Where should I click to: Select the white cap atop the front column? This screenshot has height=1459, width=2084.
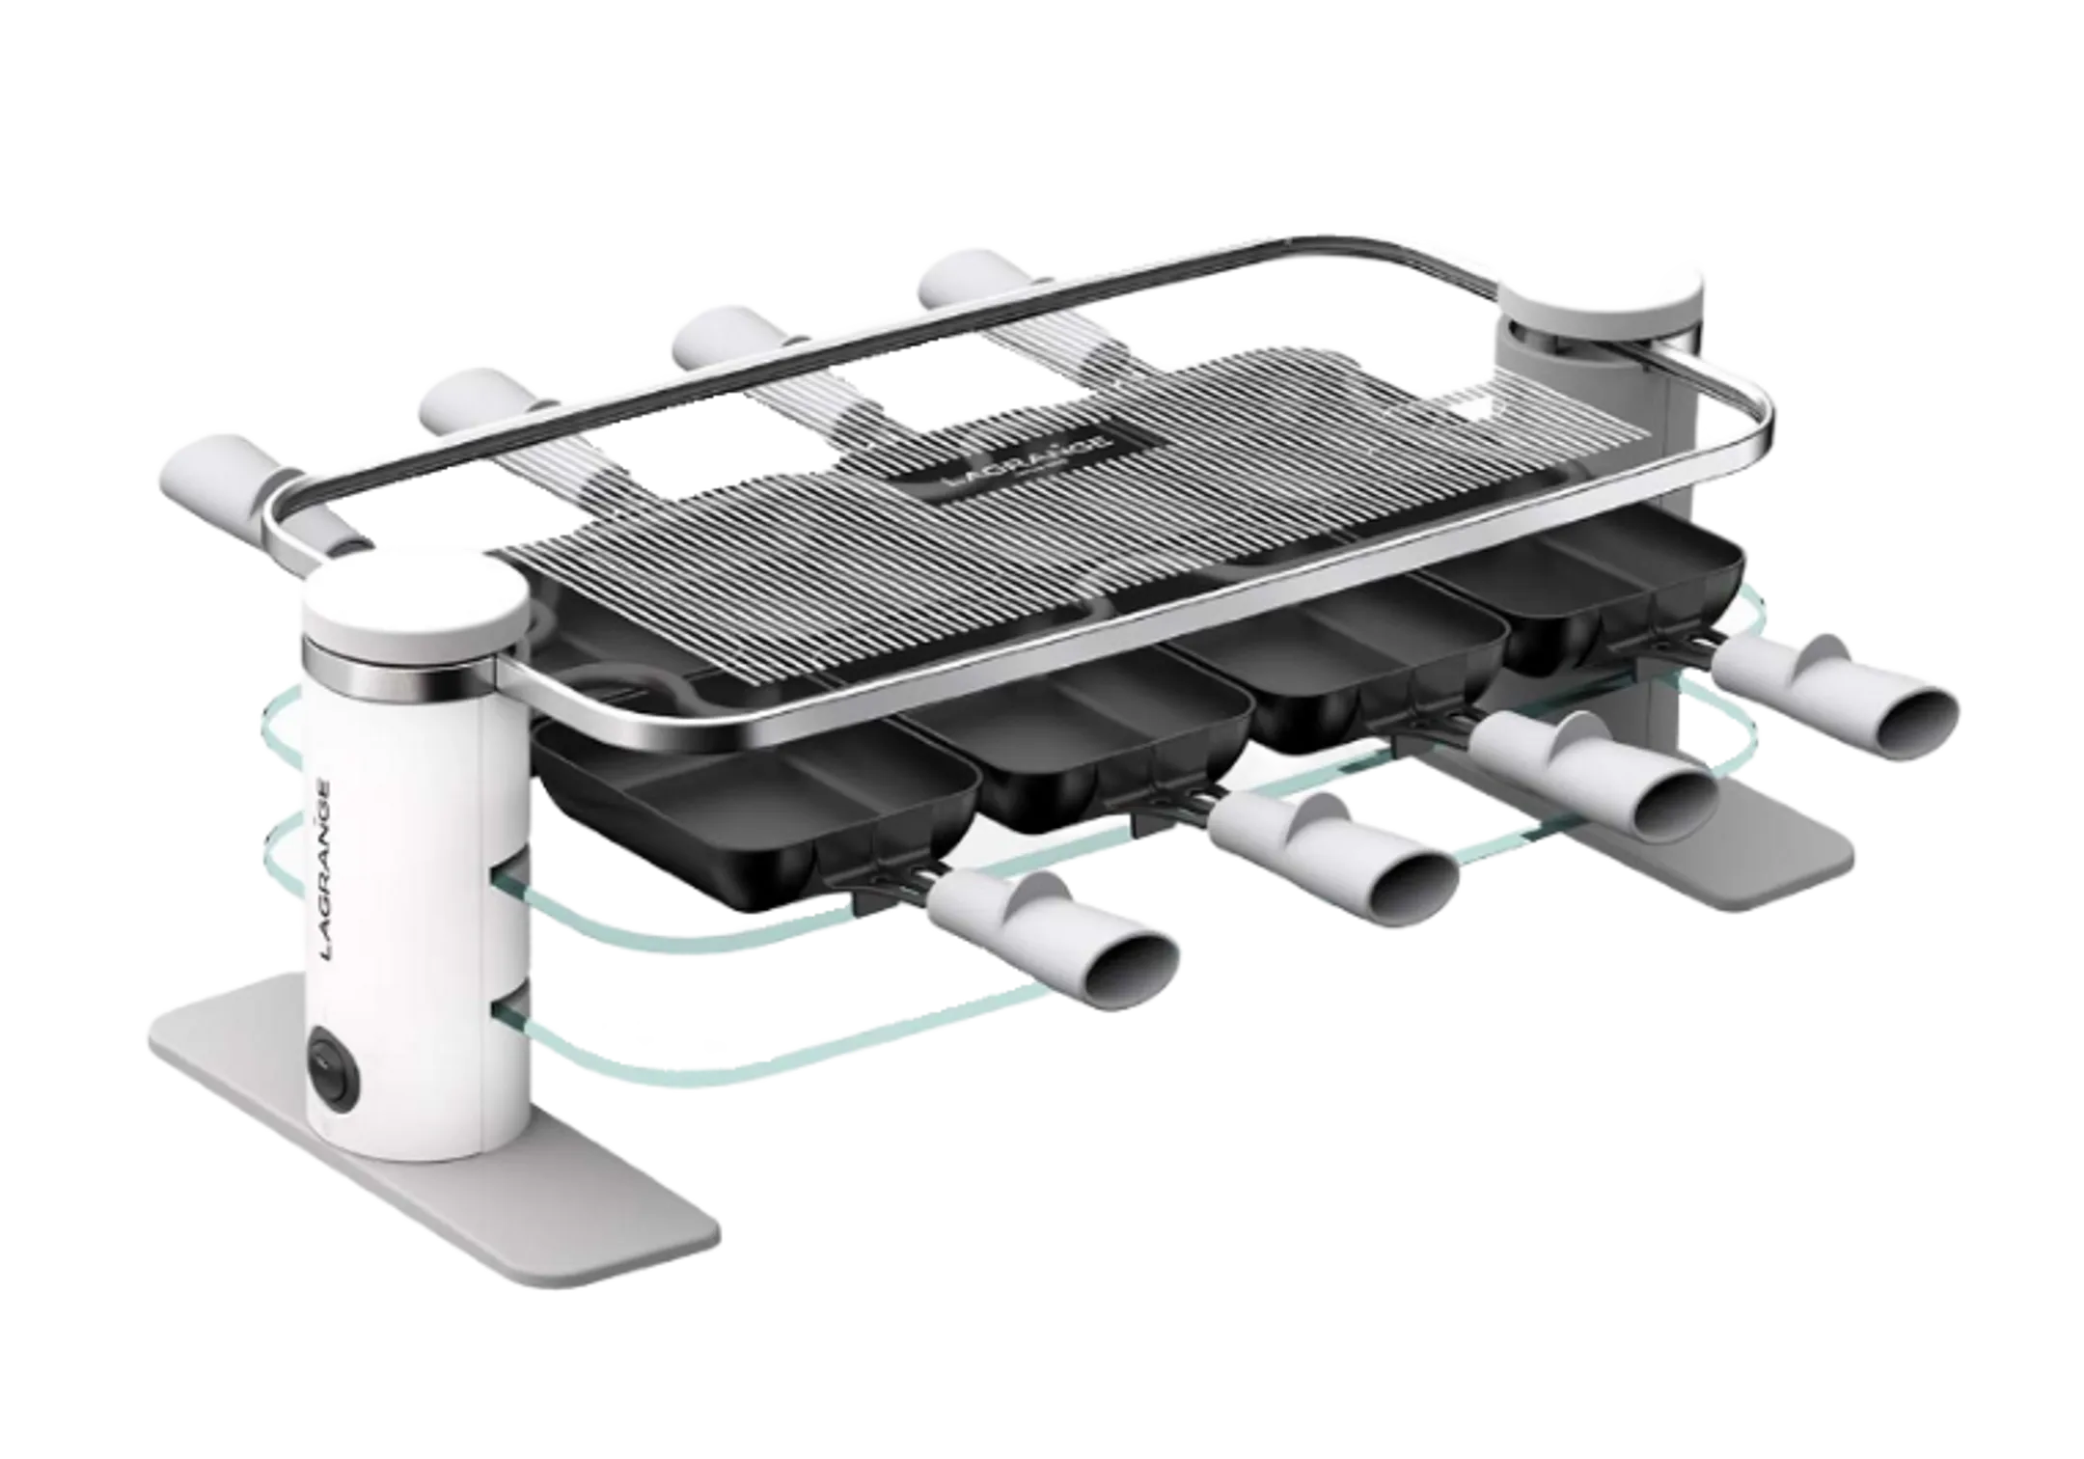tap(417, 606)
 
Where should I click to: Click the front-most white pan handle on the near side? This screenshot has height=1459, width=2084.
tap(1053, 941)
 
